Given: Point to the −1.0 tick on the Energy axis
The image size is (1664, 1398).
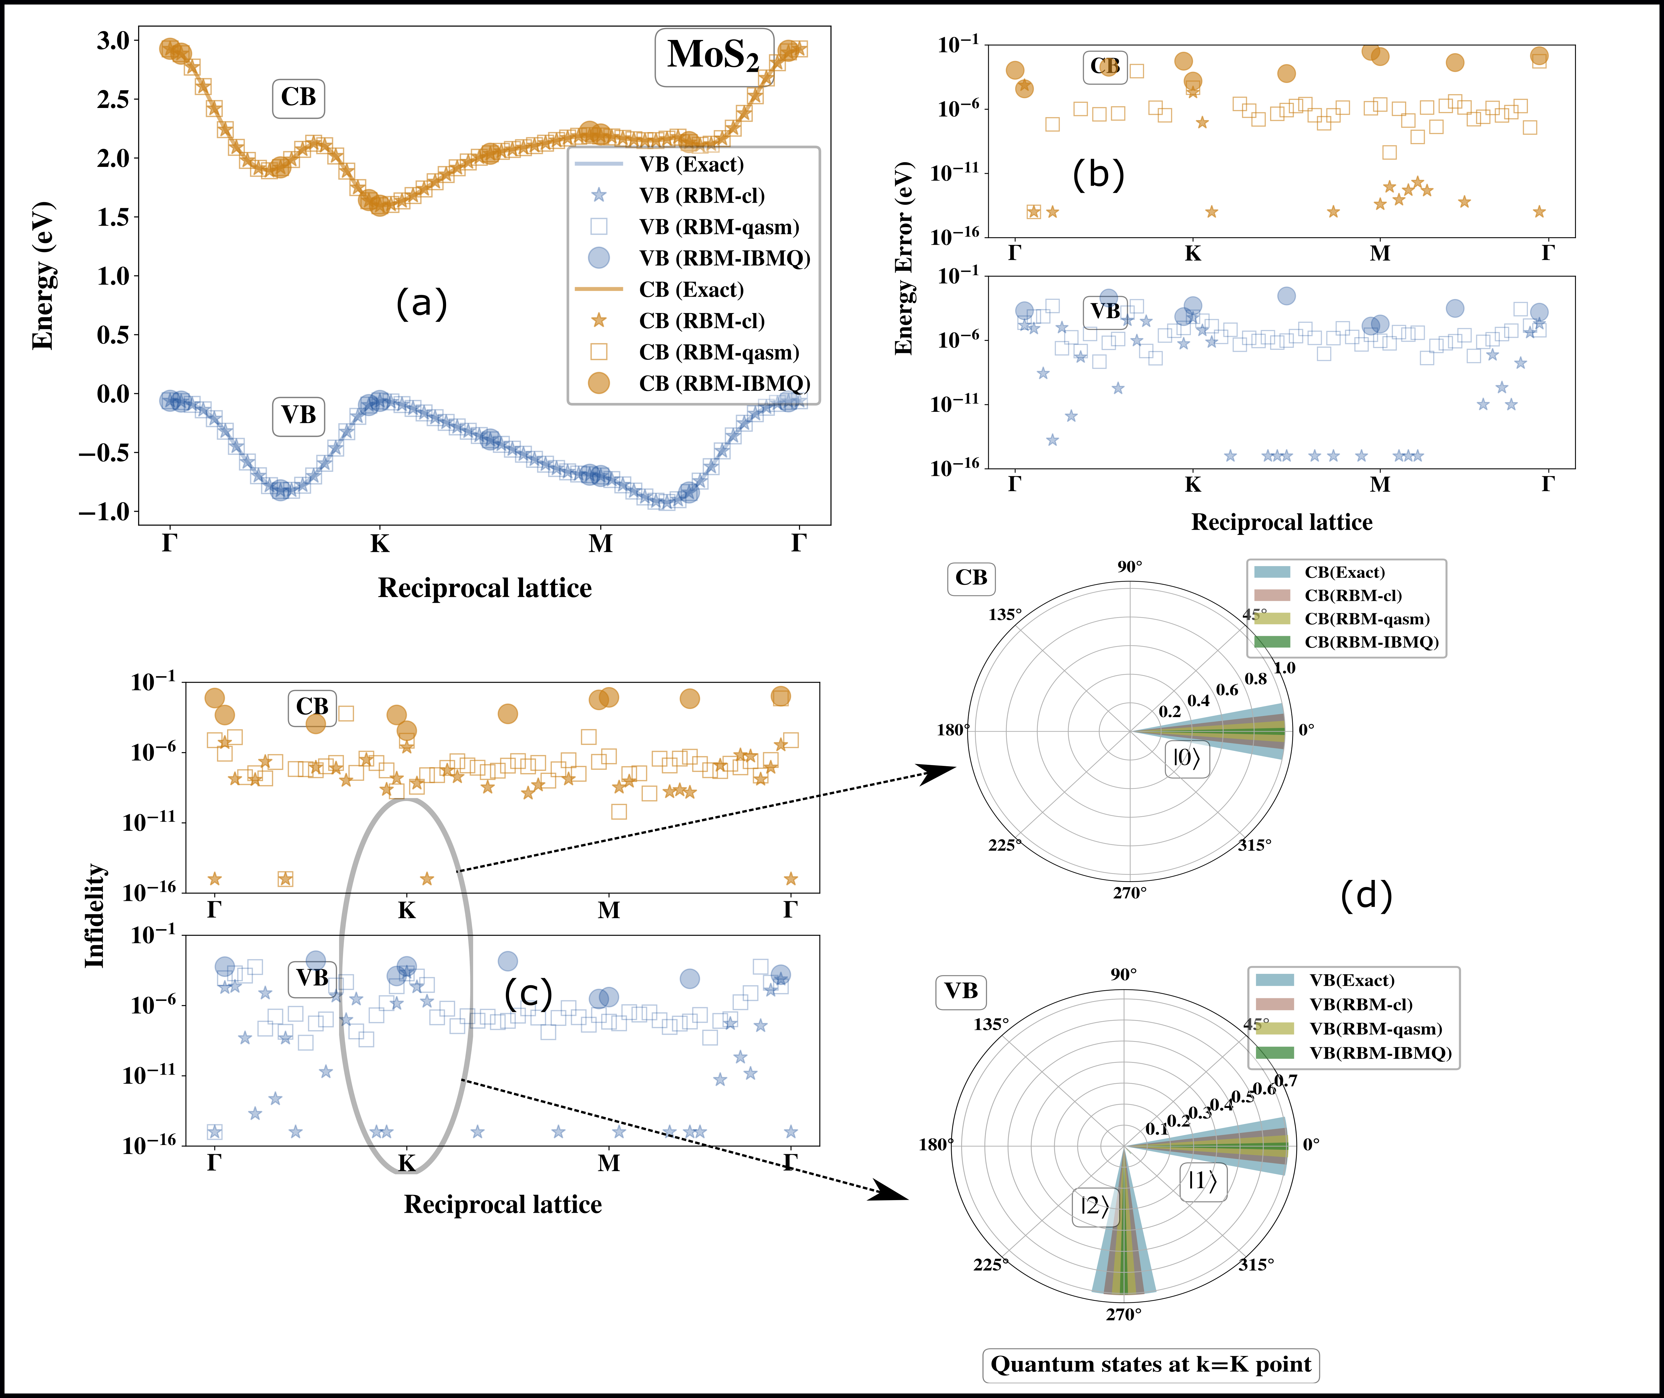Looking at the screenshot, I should click(x=103, y=512).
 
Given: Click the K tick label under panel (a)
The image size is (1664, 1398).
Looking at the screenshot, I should click(x=380, y=544).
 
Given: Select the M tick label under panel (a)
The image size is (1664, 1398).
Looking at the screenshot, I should click(x=601, y=544).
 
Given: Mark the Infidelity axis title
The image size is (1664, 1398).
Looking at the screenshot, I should click(x=95, y=915).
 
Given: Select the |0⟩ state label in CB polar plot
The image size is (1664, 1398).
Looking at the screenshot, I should click(x=1186, y=758).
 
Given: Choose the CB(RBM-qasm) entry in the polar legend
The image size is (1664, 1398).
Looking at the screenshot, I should click(x=1367, y=619).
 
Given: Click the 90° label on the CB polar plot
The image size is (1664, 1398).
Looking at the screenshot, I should click(x=1130, y=567).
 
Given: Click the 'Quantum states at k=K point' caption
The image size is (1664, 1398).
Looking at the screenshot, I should click(x=1151, y=1365).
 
